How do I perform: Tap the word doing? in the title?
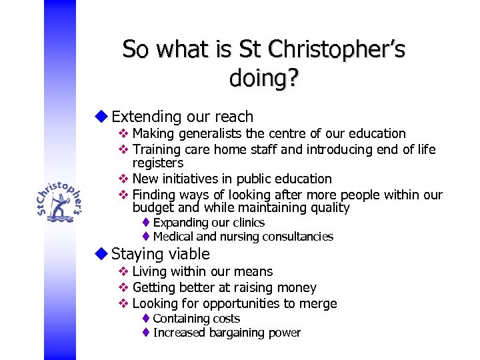coord(263,78)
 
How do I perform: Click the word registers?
coord(158,163)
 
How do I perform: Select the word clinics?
coord(247,223)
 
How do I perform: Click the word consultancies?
coord(298,237)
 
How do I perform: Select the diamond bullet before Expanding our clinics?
coord(146,223)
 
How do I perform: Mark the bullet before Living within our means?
coord(123,271)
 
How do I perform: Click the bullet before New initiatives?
coord(123,179)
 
